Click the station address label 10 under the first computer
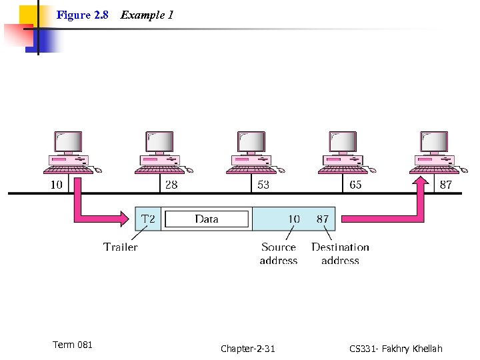(x=57, y=185)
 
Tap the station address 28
(x=171, y=185)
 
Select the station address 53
(x=263, y=185)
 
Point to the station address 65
(x=355, y=185)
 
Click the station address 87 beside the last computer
(x=446, y=185)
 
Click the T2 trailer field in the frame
(x=149, y=219)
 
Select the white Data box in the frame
(x=207, y=219)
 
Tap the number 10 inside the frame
(x=293, y=219)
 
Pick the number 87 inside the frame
(x=322, y=219)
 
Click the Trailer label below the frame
(x=121, y=247)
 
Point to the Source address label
(x=279, y=253)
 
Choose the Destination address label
(x=340, y=253)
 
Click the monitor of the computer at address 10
(x=68, y=141)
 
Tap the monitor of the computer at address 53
(x=251, y=141)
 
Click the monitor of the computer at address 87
(x=434, y=141)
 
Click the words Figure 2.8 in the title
(x=83, y=15)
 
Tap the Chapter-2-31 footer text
(x=247, y=349)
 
